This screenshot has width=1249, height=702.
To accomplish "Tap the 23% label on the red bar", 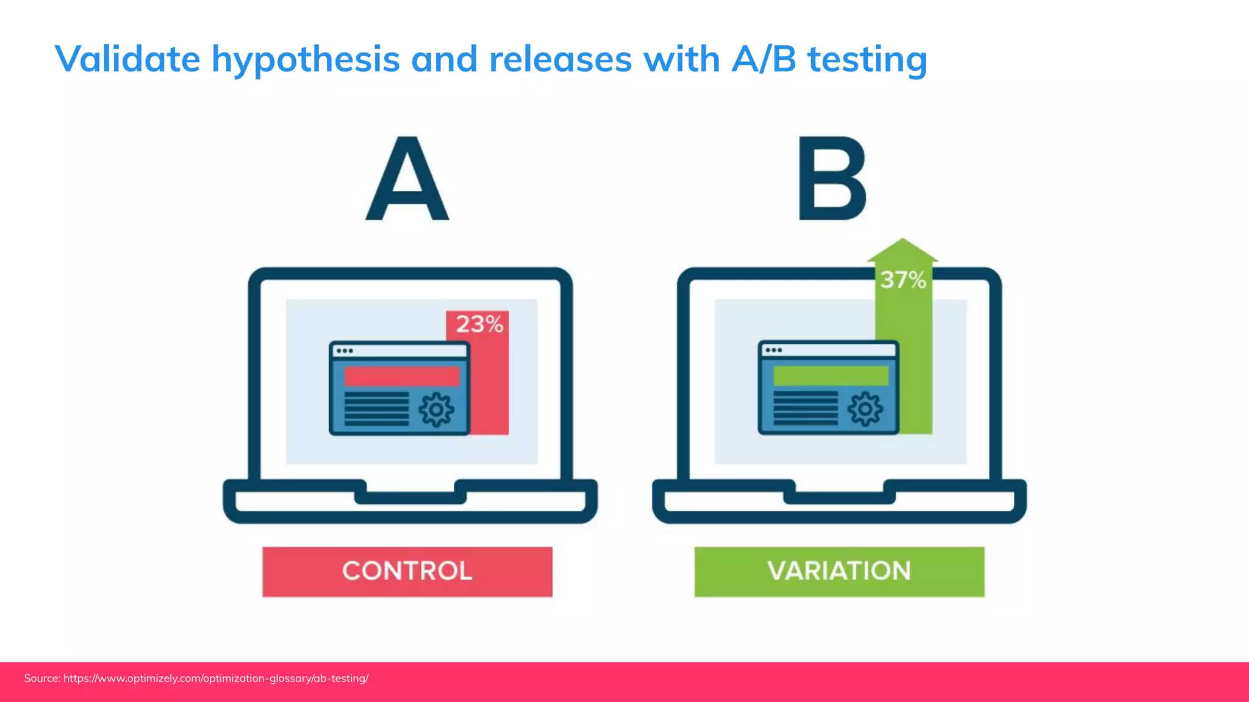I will pyautogui.click(x=479, y=324).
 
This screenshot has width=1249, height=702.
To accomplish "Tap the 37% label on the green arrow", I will pyautogui.click(x=903, y=280).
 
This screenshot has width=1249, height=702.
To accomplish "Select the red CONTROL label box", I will pyautogui.click(x=407, y=572).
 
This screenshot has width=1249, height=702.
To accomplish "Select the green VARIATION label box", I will pyautogui.click(x=839, y=572).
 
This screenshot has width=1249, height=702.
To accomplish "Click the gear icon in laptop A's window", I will pyautogui.click(x=436, y=409).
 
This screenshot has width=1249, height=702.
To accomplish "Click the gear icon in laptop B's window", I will pyautogui.click(x=865, y=409).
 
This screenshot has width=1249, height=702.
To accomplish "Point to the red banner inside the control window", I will pyautogui.click(x=401, y=376).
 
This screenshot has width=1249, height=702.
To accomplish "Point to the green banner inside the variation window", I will pyautogui.click(x=831, y=375).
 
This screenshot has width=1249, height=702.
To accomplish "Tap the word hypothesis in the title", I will pyautogui.click(x=306, y=60).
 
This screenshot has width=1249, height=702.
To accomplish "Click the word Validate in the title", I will pyautogui.click(x=127, y=59).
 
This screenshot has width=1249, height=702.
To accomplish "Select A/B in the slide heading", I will pyautogui.click(x=764, y=59).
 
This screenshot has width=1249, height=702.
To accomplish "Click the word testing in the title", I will pyautogui.click(x=867, y=60).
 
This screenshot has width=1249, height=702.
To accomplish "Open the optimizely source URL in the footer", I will pyautogui.click(x=216, y=678).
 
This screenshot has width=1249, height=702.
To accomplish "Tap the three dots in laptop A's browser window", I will pyautogui.click(x=345, y=351).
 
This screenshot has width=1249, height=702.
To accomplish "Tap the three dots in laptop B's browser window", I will pyautogui.click(x=773, y=350).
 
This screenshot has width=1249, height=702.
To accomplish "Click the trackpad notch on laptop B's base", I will pyautogui.click(x=839, y=497).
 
